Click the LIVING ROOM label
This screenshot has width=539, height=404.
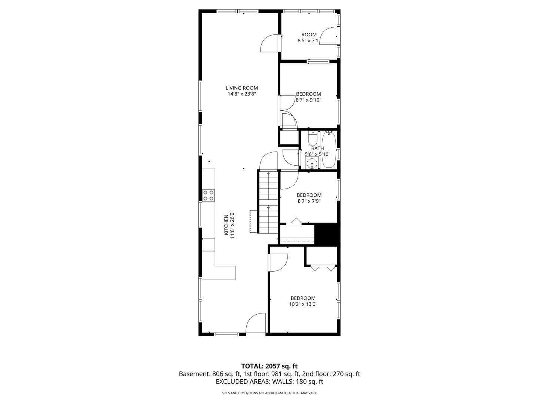click(x=242, y=88)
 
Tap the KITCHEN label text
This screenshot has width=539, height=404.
click(x=226, y=225)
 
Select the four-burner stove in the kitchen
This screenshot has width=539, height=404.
click(x=208, y=196)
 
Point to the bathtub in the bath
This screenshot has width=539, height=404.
click(x=329, y=149)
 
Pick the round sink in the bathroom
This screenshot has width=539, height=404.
click(x=312, y=163)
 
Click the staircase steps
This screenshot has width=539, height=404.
click(x=268, y=202)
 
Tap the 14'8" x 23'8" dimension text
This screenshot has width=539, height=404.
click(x=242, y=94)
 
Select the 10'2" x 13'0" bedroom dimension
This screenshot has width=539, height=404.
click(x=303, y=304)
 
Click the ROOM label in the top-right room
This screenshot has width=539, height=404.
click(x=309, y=34)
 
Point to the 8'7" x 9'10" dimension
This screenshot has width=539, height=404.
click(x=308, y=100)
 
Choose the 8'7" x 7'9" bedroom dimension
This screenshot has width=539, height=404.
click(x=309, y=201)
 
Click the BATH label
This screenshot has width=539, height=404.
click(x=317, y=149)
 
